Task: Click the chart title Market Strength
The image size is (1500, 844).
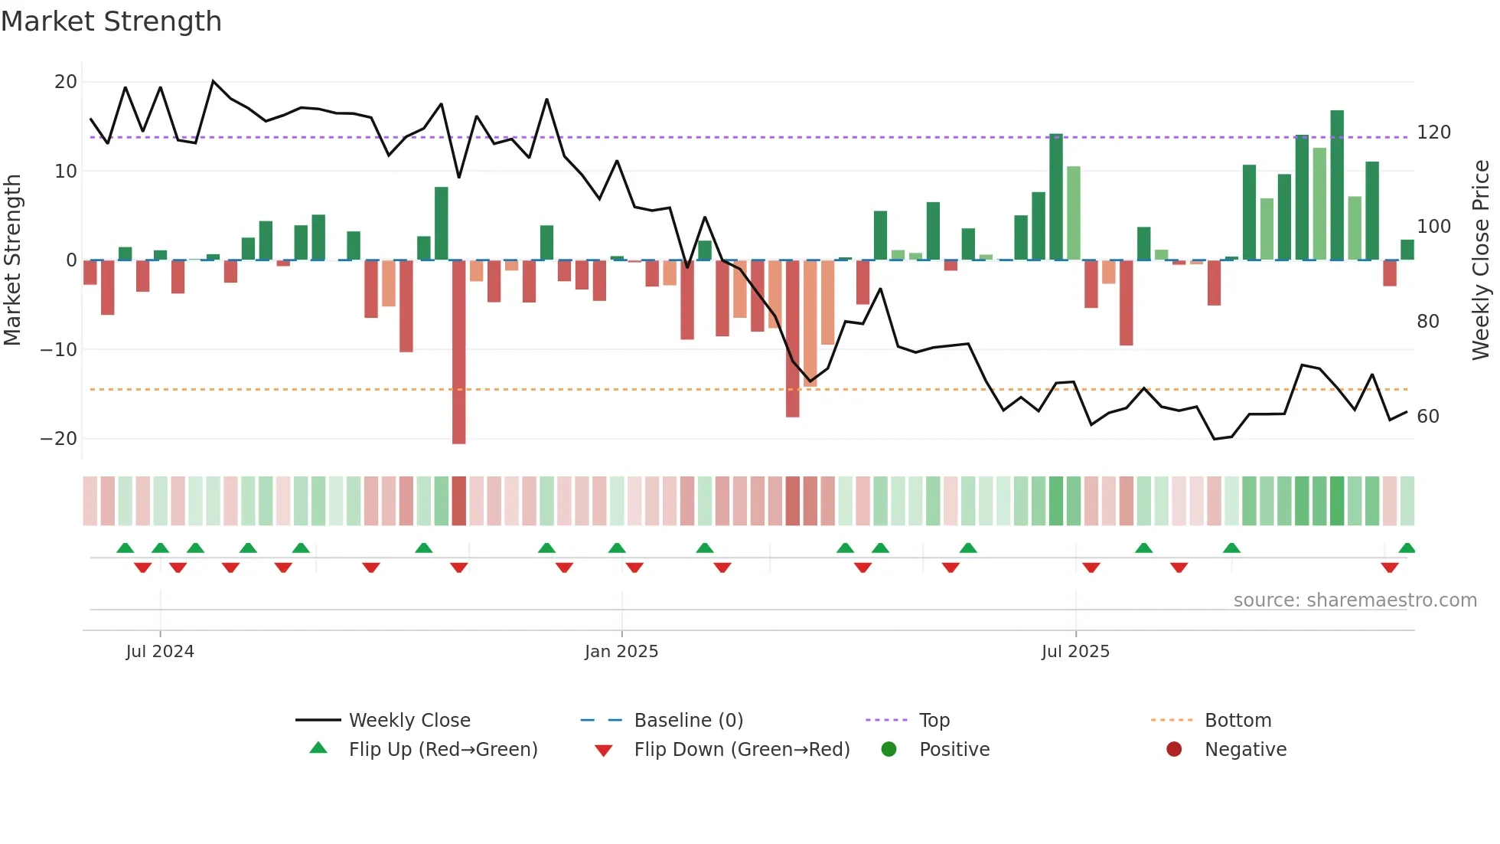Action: click(111, 21)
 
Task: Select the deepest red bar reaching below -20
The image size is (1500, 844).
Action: click(458, 352)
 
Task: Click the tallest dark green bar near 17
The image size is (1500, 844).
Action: click(1337, 185)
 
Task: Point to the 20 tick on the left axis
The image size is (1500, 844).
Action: click(66, 82)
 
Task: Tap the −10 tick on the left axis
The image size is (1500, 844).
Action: click(59, 350)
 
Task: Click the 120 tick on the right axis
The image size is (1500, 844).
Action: click(1433, 132)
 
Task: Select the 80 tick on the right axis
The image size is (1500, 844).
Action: click(1427, 322)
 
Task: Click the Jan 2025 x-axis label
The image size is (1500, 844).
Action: click(621, 652)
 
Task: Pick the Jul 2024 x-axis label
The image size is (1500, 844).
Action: click(160, 652)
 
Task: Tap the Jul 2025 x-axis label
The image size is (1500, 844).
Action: click(1074, 652)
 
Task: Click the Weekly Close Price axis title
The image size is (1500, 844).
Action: click(1481, 260)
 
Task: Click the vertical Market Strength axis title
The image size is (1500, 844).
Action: click(12, 260)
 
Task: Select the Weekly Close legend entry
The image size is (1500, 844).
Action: click(409, 721)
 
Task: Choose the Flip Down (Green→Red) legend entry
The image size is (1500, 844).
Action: click(741, 750)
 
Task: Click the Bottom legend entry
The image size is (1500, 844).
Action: click(1237, 721)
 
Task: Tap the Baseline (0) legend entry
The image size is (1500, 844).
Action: click(688, 721)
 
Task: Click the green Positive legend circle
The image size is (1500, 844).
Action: click(889, 750)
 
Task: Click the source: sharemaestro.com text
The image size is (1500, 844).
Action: click(1355, 600)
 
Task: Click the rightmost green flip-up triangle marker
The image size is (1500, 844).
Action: click(1407, 548)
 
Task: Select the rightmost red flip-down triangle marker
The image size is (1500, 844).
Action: click(1390, 568)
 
